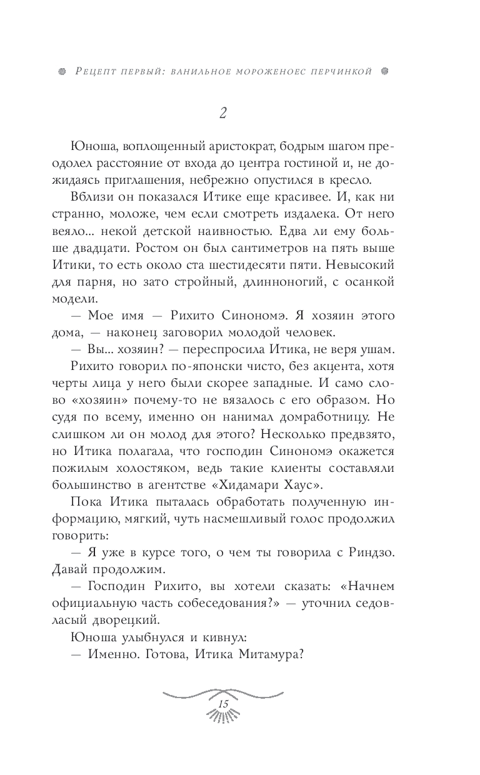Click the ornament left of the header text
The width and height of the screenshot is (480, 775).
click(x=60, y=71)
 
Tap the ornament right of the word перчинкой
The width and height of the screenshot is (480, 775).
click(x=385, y=71)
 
